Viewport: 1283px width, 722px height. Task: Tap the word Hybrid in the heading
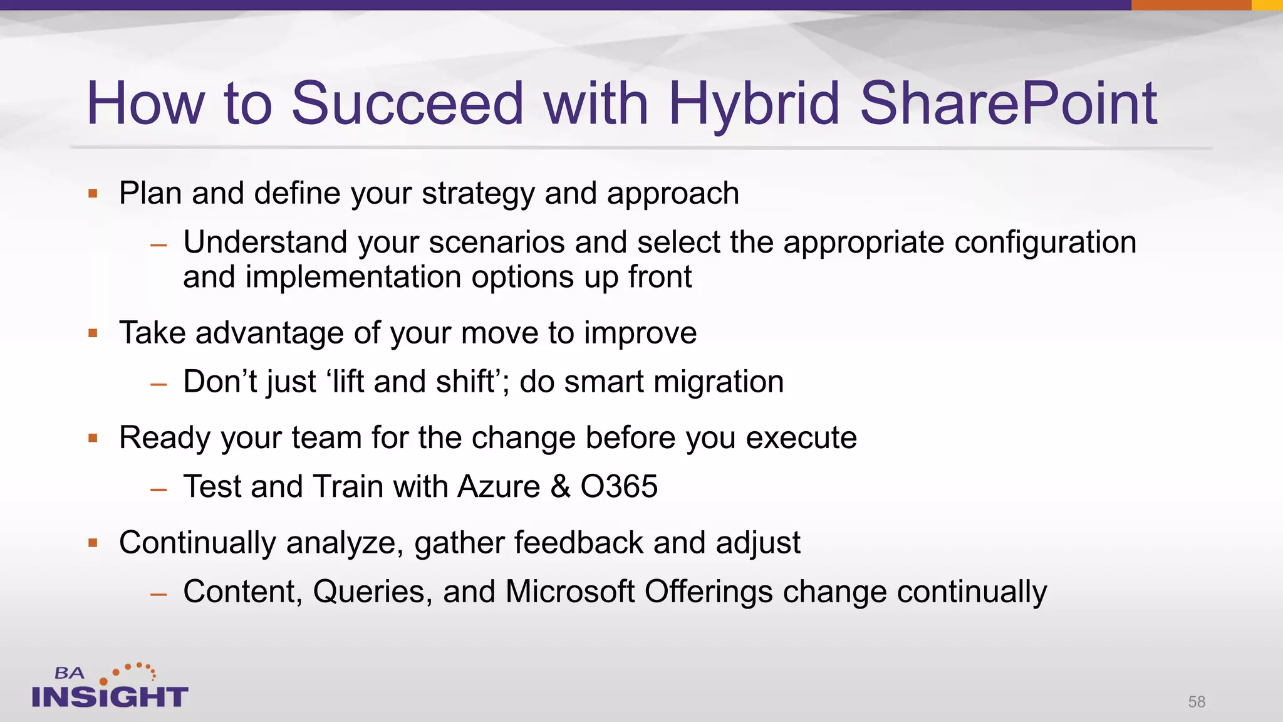pyautogui.click(x=754, y=104)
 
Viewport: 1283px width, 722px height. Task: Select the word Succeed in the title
pyautogui.click(x=407, y=104)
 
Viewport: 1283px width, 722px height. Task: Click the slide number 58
pyautogui.click(x=1197, y=701)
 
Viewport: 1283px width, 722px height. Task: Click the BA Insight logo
pyautogui.click(x=110, y=687)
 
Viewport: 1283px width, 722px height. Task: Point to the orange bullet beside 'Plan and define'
pyautogui.click(x=93, y=194)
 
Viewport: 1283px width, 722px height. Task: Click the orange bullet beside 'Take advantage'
pyautogui.click(x=93, y=333)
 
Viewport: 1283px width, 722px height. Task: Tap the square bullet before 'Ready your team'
pyautogui.click(x=93, y=438)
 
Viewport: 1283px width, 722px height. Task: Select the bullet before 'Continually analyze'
pyautogui.click(x=93, y=543)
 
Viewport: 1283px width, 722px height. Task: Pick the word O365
pyautogui.click(x=619, y=487)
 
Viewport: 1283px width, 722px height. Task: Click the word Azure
pyautogui.click(x=499, y=487)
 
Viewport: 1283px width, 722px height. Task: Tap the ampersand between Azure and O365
pyautogui.click(x=560, y=487)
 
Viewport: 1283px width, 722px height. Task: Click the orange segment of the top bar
pyautogui.click(x=1191, y=5)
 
